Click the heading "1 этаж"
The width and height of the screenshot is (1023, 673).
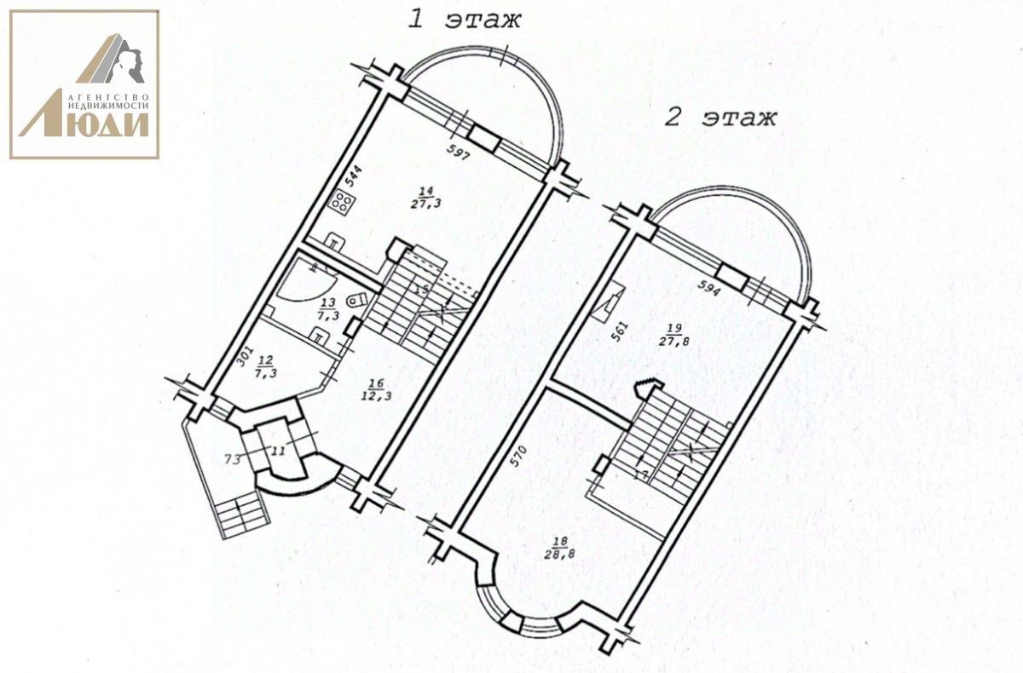click(464, 20)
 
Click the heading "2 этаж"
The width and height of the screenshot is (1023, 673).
click(720, 117)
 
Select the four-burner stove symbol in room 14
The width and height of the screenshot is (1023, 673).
click(344, 202)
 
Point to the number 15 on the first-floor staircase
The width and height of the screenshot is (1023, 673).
click(420, 290)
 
